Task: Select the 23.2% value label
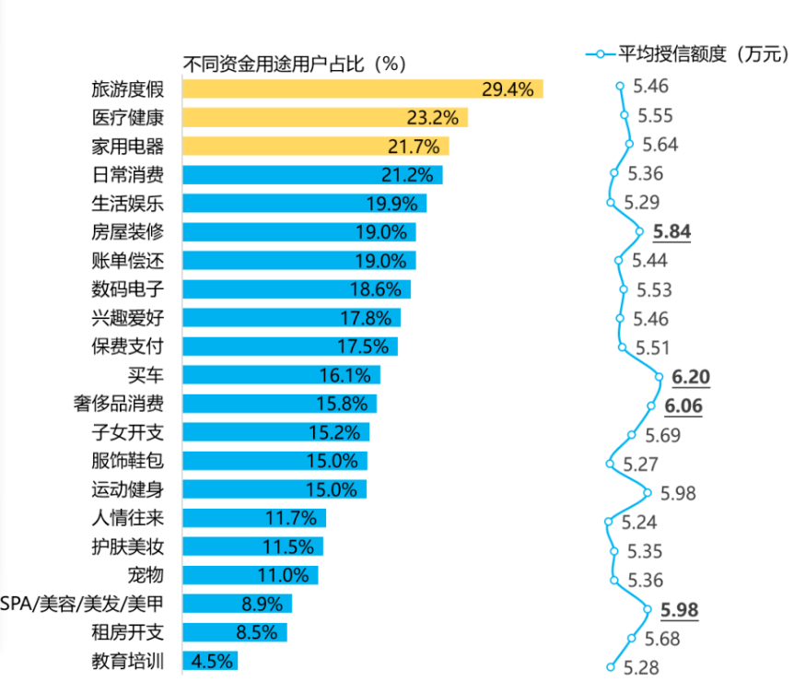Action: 432,118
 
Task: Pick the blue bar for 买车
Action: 281,375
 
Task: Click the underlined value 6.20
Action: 691,377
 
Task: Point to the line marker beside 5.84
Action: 641,232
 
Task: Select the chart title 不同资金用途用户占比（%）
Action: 295,64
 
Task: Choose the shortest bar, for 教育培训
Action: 210,661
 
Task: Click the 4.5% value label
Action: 212,661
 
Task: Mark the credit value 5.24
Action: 638,523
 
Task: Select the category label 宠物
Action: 146,575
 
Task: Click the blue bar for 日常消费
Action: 312,175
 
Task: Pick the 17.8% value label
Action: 375,318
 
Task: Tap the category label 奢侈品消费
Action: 119,404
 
